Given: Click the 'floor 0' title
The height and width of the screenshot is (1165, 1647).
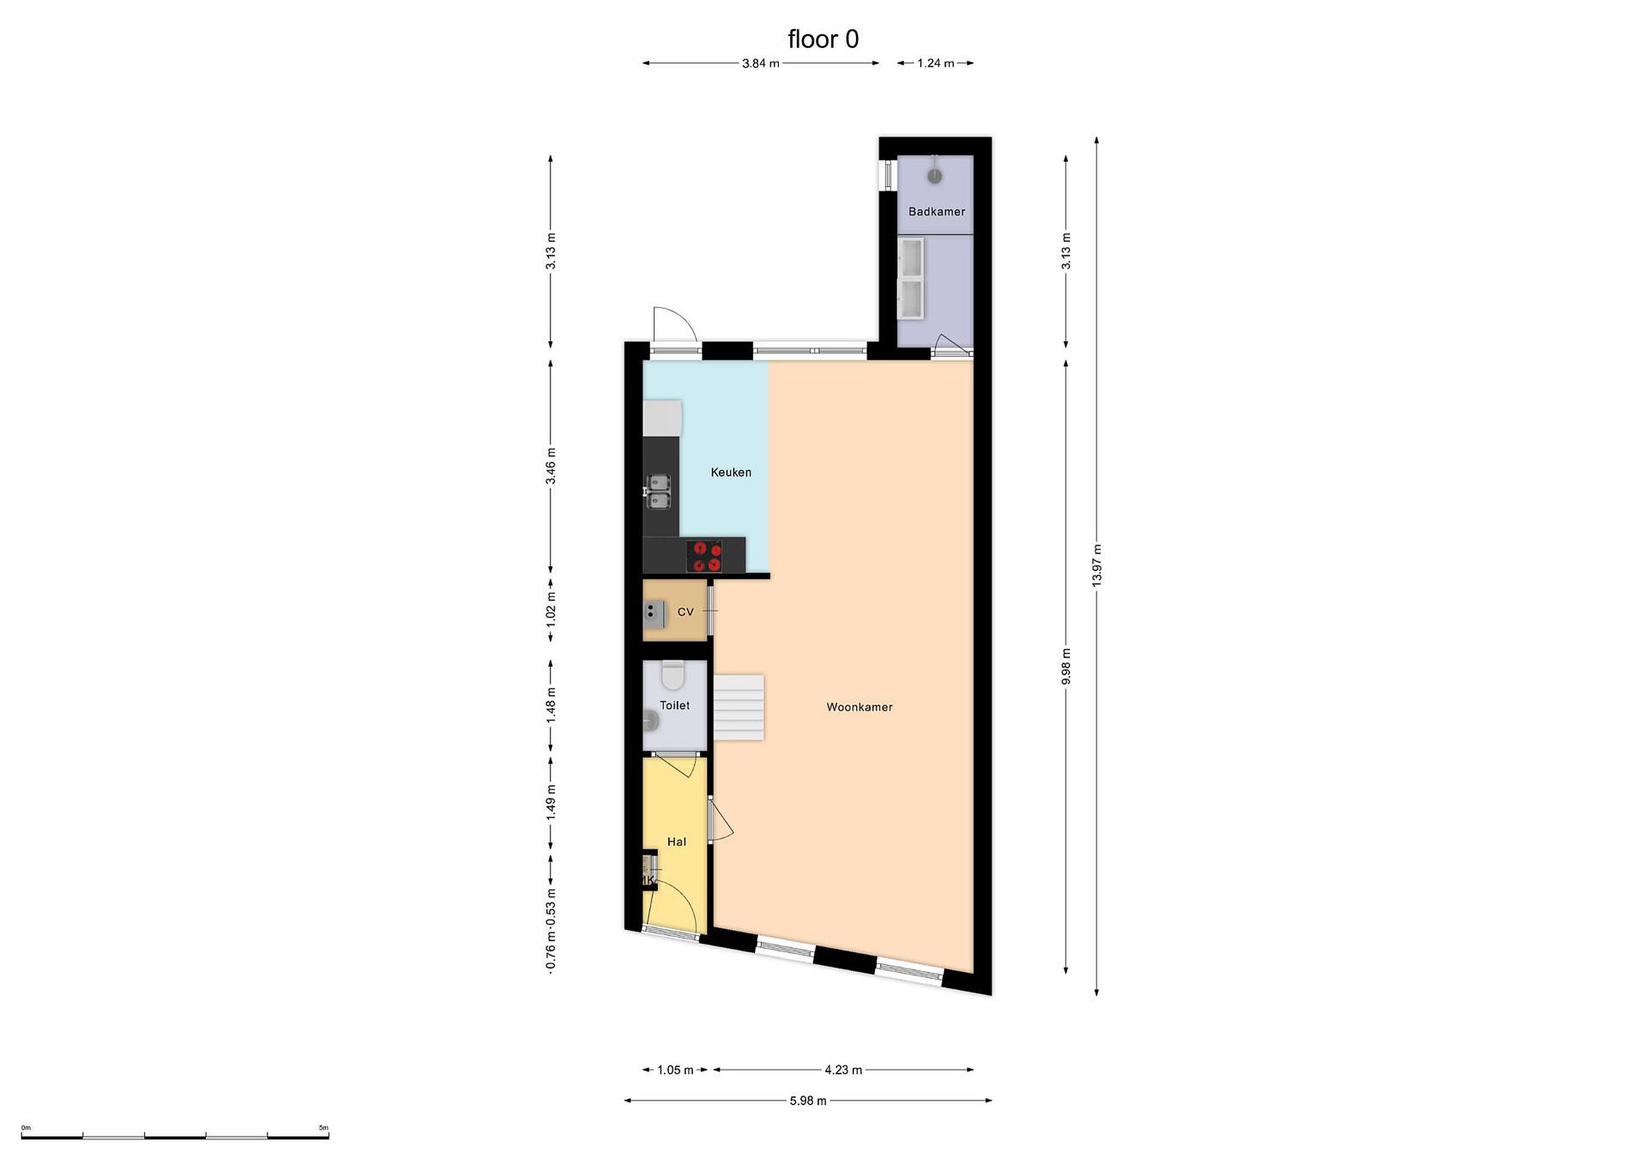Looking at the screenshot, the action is click(x=823, y=39).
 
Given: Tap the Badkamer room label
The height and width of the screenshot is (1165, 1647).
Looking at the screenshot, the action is click(x=936, y=212).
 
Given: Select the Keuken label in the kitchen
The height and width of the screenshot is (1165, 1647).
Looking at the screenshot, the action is click(x=731, y=472).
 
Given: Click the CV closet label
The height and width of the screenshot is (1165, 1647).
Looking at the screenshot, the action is click(x=685, y=612).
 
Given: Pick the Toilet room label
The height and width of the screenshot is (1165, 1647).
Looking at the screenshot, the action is click(x=674, y=705).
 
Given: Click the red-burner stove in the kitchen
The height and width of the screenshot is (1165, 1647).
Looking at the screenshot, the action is click(x=704, y=556).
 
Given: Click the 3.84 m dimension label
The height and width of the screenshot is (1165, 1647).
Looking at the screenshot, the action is click(x=761, y=63).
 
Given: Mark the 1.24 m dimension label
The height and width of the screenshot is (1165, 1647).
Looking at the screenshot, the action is click(x=936, y=63).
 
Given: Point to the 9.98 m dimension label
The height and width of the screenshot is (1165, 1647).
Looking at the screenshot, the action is click(x=1066, y=666).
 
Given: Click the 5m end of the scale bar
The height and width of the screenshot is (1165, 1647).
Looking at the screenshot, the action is click(x=328, y=1137).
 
